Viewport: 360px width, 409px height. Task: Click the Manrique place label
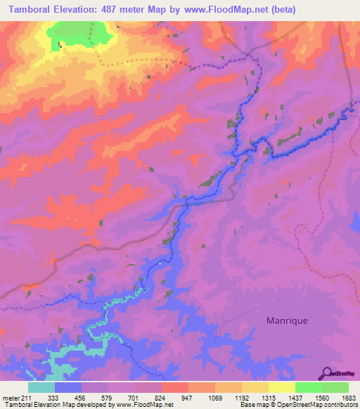click(287, 320)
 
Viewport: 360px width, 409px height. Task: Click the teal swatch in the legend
click(41, 388)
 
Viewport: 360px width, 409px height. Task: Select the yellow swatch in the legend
click(282, 388)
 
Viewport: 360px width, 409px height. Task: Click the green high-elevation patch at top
click(80, 32)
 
